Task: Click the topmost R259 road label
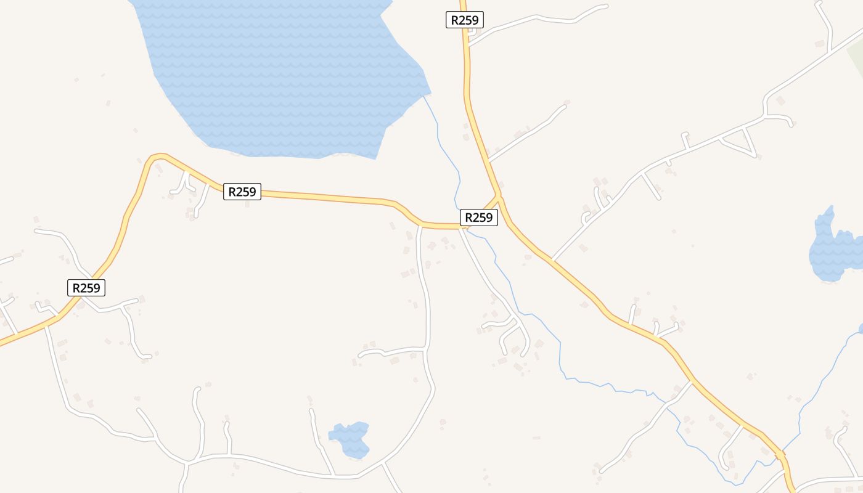click(464, 20)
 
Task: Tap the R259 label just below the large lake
click(242, 192)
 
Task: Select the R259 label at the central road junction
click(478, 217)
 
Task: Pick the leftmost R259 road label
click(86, 287)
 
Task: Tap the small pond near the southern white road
click(351, 439)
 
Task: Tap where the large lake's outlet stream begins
click(425, 96)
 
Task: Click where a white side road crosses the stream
click(666, 402)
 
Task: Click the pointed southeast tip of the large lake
click(375, 158)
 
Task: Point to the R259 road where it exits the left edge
click(2, 343)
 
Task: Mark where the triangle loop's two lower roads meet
click(755, 155)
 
